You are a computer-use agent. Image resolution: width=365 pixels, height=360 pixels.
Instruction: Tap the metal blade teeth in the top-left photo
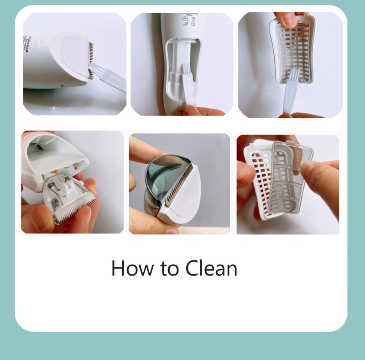click(x=90, y=59)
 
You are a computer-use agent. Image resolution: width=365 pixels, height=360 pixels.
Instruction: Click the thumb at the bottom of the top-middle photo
click(x=198, y=111)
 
